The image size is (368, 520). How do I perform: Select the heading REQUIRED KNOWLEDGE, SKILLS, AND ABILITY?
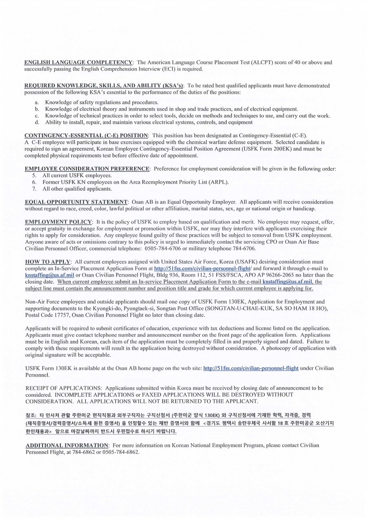(103, 86)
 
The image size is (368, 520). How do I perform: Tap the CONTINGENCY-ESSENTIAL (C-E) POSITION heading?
(86, 135)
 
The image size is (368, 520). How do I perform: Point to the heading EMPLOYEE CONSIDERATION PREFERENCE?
(87, 169)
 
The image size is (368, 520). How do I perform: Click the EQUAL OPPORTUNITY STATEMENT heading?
(76, 202)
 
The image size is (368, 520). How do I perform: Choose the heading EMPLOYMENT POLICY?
(59, 222)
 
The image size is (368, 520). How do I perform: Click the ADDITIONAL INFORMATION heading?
(67, 446)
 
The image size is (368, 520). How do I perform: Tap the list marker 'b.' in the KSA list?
(37, 109)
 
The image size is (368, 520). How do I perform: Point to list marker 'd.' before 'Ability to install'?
(37, 122)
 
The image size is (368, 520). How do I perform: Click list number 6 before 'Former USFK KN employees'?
(34, 182)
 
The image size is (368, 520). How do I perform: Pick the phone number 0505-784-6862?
(121, 452)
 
